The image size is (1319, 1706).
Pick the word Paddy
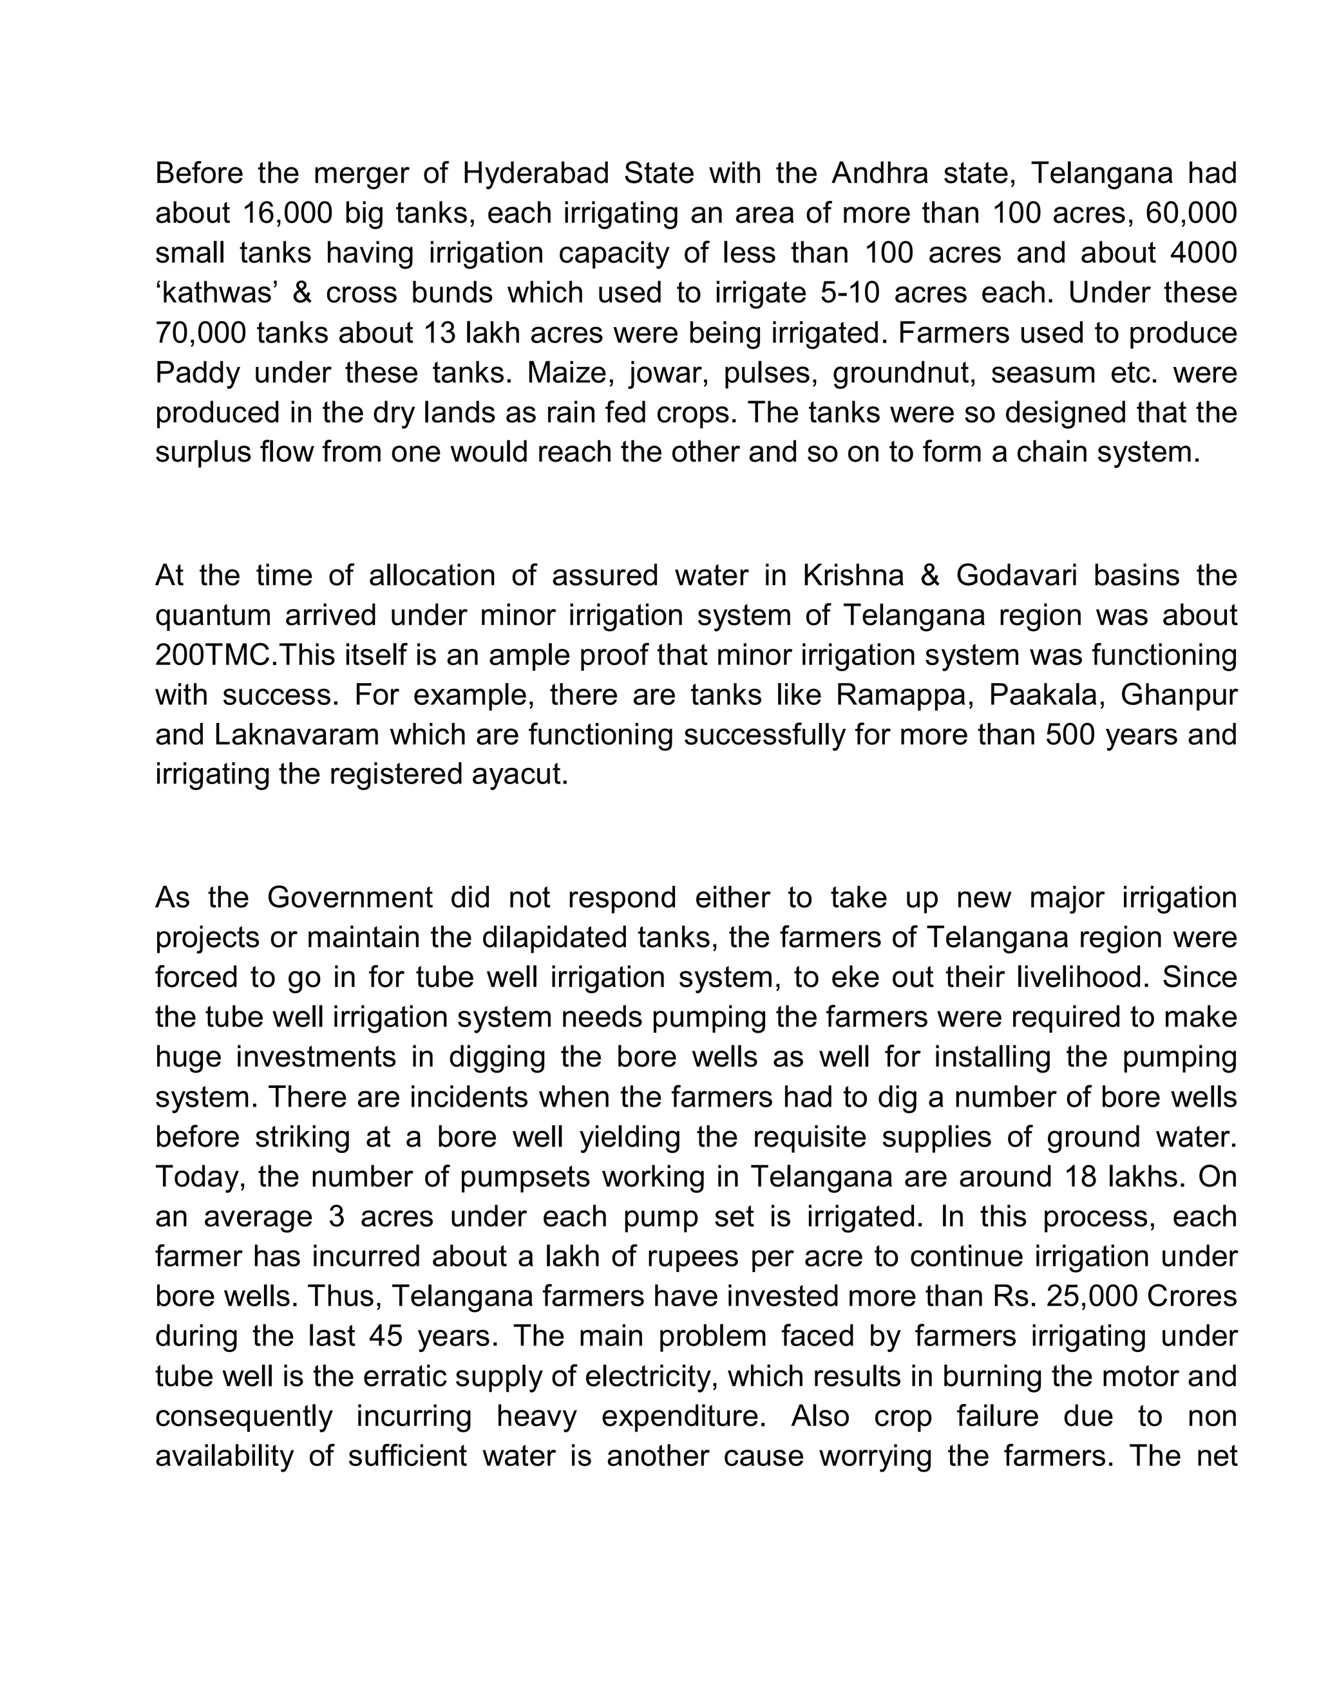click(x=197, y=373)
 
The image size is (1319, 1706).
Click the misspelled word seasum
click(x=1043, y=373)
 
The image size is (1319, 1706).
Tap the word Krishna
click(x=853, y=576)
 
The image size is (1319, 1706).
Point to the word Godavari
click(x=1016, y=576)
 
